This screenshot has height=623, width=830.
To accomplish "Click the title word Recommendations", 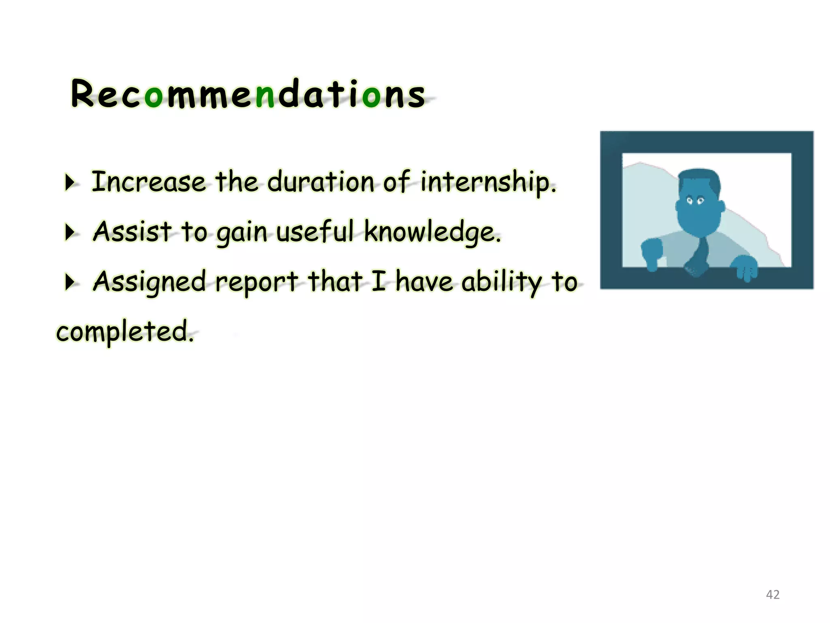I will coord(248,94).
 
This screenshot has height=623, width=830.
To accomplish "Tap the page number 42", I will coord(772,595).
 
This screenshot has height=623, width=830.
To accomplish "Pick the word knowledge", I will coord(432,232).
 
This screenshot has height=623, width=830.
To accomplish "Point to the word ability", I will coord(502,282).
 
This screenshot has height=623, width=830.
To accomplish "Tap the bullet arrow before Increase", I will coord(70,183).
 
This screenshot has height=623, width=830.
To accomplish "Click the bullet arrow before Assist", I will coord(70,233).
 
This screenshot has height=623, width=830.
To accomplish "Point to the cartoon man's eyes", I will coord(695,200).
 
